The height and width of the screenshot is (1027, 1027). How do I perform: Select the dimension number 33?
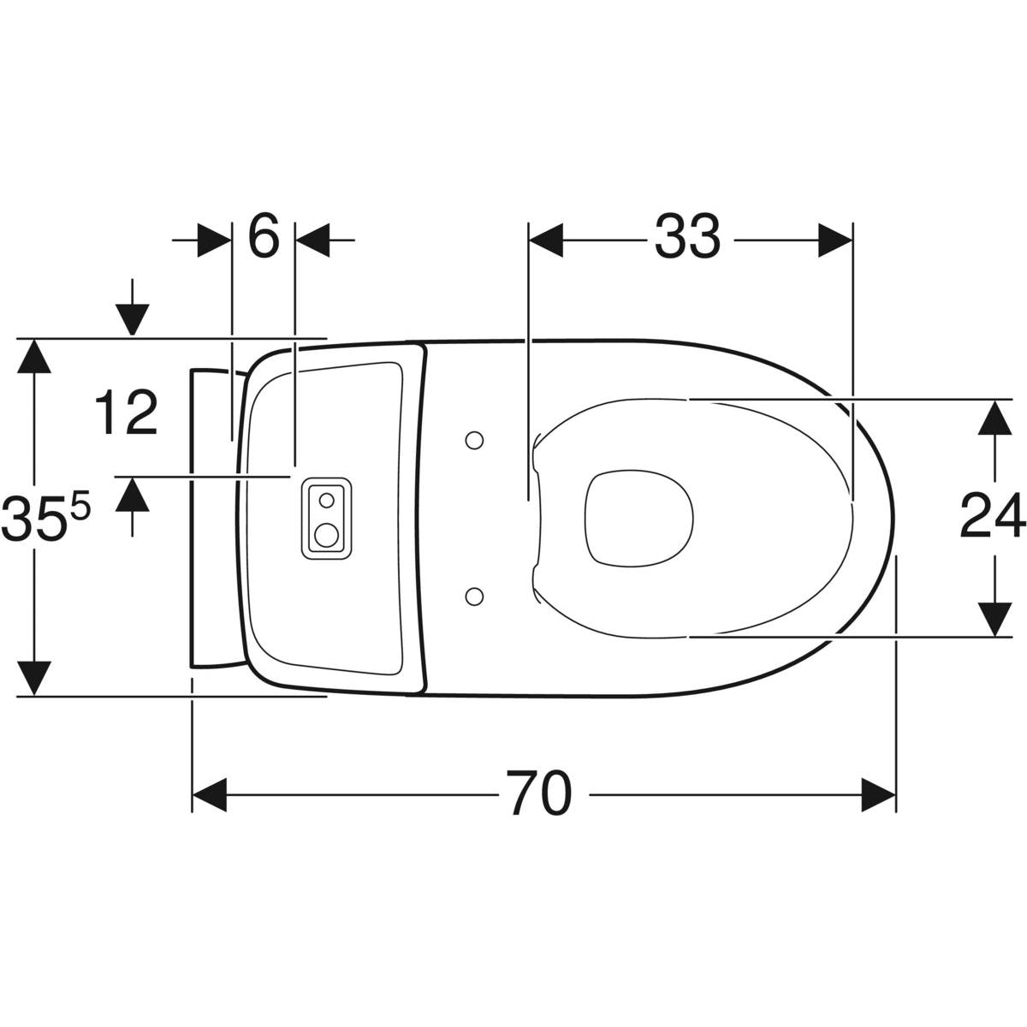coord(687,236)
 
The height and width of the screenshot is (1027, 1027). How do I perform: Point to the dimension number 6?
coord(264,235)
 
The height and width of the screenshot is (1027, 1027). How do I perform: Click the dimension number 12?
coord(127,411)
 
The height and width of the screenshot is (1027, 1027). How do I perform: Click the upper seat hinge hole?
coord(474,440)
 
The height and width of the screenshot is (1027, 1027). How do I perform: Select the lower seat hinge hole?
coord(474,596)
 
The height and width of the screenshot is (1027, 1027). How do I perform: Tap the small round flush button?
coord(327,500)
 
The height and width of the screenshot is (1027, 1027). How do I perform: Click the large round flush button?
coord(326,535)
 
